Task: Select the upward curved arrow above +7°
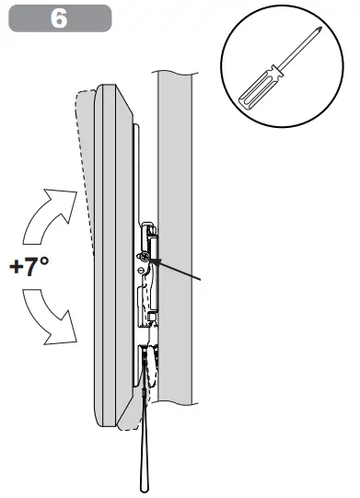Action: [x=49, y=214]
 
